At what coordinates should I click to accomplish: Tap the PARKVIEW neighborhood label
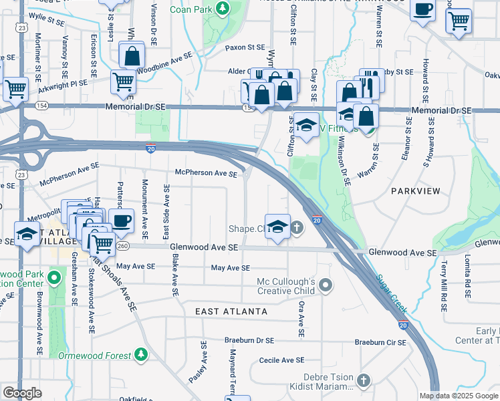pos(415,191)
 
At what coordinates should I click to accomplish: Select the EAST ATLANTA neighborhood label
pos(231,311)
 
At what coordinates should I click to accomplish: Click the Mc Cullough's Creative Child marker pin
pos(326,286)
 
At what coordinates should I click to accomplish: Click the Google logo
pos(22,392)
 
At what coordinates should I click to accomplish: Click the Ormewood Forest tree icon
pos(140,354)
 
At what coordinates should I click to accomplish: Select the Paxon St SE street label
pos(245,47)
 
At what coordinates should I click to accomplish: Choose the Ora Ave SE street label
pos(302,319)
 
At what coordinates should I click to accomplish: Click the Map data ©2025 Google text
pos(458,396)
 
